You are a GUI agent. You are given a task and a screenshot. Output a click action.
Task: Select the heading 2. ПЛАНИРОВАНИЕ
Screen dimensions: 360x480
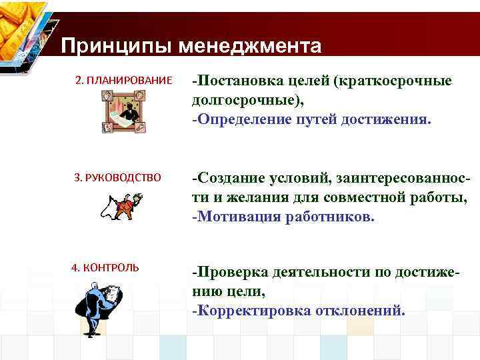pos(124,81)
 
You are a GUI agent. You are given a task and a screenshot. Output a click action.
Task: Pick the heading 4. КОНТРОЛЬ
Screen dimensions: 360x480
pos(105,267)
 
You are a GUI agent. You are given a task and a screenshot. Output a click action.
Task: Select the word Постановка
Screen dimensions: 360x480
pos(240,81)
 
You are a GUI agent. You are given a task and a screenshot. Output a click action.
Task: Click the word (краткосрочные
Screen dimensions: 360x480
pos(394,81)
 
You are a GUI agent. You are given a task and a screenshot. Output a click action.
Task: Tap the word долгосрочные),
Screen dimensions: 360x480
pos(247,101)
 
